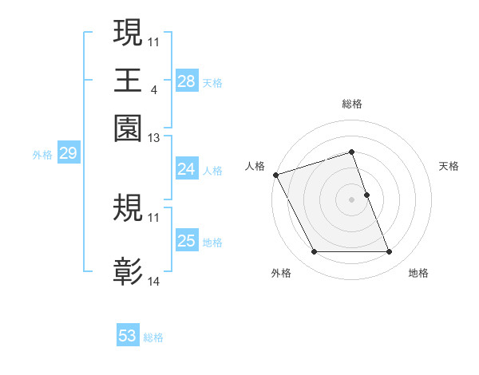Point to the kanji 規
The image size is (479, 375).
pyautogui.click(x=128, y=209)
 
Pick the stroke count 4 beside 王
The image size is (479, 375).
pyautogui.click(x=153, y=89)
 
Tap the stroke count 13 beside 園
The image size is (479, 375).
pyautogui.click(x=154, y=139)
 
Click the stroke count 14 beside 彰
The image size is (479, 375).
pyautogui.click(x=154, y=281)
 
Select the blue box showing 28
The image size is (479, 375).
pyautogui.click(x=186, y=81)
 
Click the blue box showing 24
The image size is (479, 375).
pyautogui.click(x=186, y=169)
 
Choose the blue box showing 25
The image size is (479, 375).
pyautogui.click(x=186, y=241)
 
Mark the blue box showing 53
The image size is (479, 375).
pyautogui.click(x=128, y=336)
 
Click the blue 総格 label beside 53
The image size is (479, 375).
pyautogui.click(x=154, y=337)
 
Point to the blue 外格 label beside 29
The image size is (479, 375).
pyautogui.click(x=42, y=155)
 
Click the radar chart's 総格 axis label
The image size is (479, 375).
pyautogui.click(x=351, y=104)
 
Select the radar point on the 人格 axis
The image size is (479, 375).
pyautogui.click(x=275, y=175)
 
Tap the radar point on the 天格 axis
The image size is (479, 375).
pyautogui.click(x=366, y=195)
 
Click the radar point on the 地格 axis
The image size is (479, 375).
pyautogui.click(x=389, y=252)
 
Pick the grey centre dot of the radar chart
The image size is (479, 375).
pyautogui.click(x=351, y=199)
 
